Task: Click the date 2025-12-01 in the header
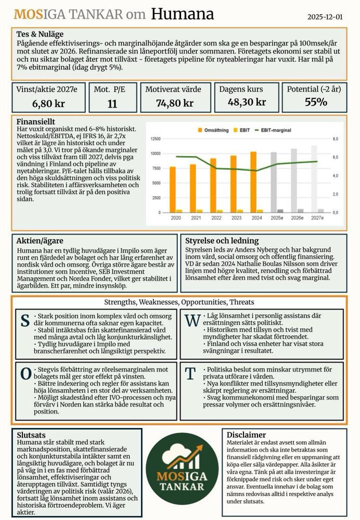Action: pos(325,17)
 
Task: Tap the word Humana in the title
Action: pos(182,14)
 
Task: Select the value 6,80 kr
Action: pos(48,103)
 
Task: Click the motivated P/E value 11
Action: pos(112,103)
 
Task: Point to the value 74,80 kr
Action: pos(175,103)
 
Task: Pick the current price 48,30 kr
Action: pos(247,102)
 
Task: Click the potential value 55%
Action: pos(316,102)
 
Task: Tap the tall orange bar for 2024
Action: pos(253,182)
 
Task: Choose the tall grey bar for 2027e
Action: pos(314,179)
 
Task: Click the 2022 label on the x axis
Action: pos(216,218)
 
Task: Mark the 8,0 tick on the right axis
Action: pos(336,139)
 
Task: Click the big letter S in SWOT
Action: pos(24,321)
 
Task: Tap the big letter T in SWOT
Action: pos(191,373)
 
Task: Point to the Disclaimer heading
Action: pos(246,435)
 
